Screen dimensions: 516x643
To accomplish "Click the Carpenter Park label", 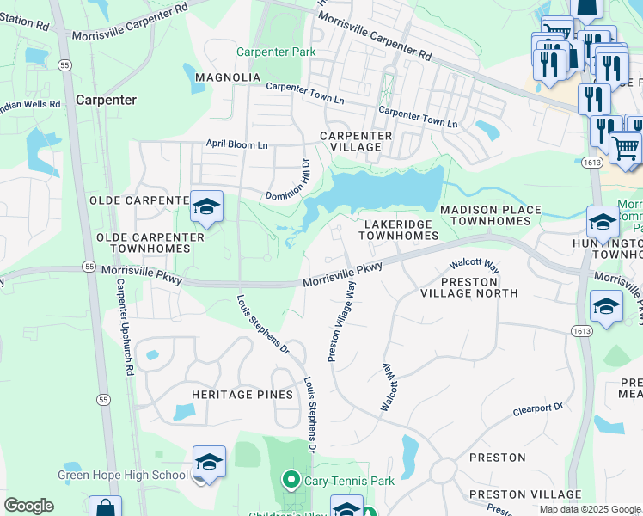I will tap(281, 52).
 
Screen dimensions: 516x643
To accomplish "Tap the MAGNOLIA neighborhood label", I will tap(228, 77).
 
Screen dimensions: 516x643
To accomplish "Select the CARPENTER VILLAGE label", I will tap(356, 142).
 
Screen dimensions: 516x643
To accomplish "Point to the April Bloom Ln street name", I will tap(236, 145).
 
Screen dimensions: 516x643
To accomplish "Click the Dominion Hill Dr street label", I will tap(286, 182).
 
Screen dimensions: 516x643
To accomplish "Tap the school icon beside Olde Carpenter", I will tap(206, 207).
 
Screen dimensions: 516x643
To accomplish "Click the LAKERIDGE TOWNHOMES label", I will tap(400, 229).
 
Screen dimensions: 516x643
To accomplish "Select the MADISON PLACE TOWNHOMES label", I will tap(491, 215).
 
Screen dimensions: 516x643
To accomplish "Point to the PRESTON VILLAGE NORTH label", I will tap(468, 287).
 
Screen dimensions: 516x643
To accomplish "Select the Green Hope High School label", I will tap(123, 475).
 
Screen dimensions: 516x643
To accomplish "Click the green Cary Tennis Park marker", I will tap(291, 480).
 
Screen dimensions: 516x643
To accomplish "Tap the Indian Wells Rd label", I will tap(30, 104).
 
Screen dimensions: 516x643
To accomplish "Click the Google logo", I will tap(28, 506).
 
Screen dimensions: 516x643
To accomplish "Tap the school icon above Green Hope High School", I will tap(209, 463).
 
